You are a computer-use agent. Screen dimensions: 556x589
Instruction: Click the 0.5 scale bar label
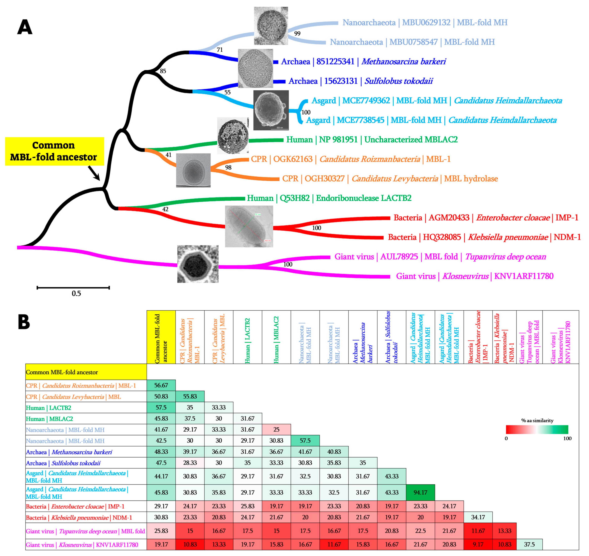click(x=76, y=293)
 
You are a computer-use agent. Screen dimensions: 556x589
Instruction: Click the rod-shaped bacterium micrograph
click(x=249, y=226)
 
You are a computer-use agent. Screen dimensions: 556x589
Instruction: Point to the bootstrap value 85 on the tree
click(x=163, y=71)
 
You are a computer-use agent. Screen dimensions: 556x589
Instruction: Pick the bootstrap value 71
click(x=220, y=50)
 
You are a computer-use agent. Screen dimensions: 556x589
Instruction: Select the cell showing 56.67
click(x=161, y=385)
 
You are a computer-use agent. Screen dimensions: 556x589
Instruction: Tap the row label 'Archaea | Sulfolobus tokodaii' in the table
click(x=63, y=463)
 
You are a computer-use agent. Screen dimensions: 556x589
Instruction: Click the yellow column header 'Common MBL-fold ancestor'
click(x=161, y=337)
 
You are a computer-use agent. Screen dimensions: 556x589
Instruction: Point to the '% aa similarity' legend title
click(x=537, y=420)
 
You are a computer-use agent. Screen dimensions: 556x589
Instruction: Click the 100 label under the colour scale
click(x=567, y=439)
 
